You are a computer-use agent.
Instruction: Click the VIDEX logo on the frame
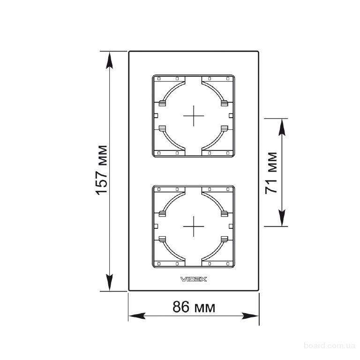pos(194,279)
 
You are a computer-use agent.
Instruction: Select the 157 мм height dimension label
pos(101,170)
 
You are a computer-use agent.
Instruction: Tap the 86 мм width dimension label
pos(194,307)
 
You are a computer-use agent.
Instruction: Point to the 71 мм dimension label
pos(271,173)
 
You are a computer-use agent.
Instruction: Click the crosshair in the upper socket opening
pos(194,116)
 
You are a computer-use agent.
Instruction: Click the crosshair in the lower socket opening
pos(194,226)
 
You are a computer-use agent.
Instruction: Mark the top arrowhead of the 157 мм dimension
pos(110,60)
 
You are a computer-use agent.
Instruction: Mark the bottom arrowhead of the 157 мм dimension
pos(110,282)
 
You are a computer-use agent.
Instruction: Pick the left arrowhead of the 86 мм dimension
pos(137,316)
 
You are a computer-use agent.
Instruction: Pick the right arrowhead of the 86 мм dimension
pos(250,316)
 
